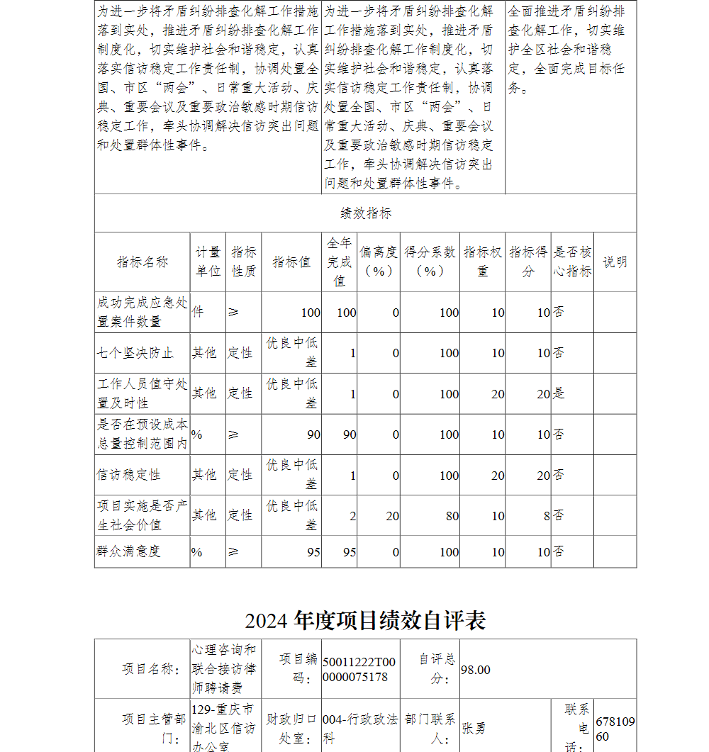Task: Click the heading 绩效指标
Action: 365,213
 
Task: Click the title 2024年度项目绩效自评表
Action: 365,620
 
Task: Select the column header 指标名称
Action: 143,262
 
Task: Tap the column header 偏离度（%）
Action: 379,262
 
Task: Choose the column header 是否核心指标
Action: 572,262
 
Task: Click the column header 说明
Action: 615,262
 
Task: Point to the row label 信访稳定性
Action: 128,475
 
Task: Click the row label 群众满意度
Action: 128,551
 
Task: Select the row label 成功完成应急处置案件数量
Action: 143,312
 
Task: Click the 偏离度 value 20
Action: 392,516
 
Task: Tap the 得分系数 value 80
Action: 452,516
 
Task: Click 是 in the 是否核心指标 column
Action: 559,393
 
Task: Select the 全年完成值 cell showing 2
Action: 352,516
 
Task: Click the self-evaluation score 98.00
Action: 475,670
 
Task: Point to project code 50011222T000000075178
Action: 359,670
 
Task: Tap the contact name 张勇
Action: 474,728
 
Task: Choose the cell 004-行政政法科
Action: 359,728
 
